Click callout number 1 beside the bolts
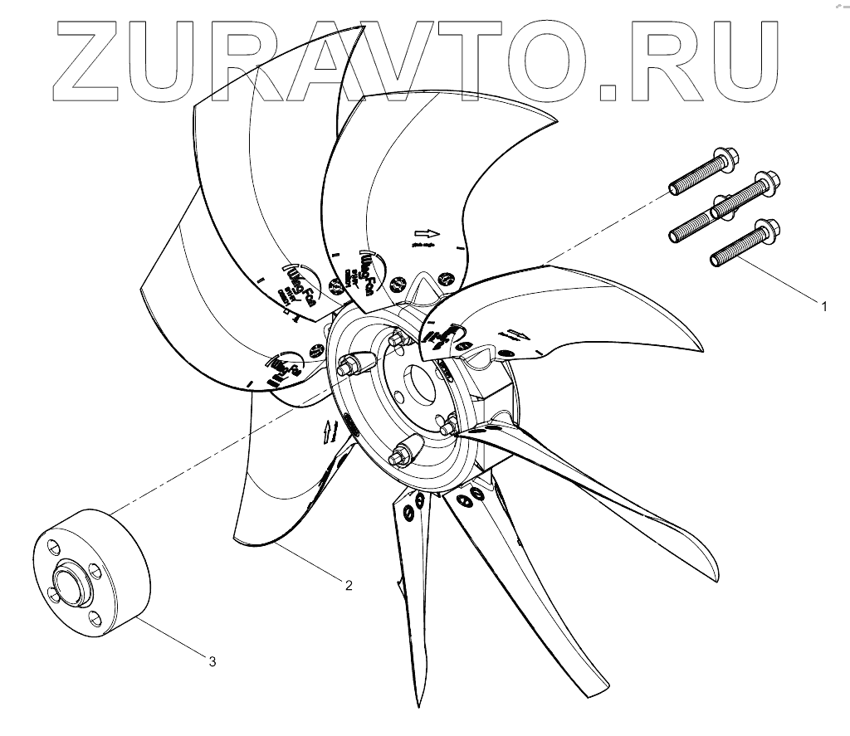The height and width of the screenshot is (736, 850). tap(824, 307)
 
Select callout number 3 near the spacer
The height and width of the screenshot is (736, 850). tap(212, 661)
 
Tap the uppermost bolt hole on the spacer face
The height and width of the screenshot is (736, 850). tap(53, 548)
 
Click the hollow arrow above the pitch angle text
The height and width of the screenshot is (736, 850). tap(424, 233)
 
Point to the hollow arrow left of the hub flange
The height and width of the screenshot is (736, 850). tap(330, 430)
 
